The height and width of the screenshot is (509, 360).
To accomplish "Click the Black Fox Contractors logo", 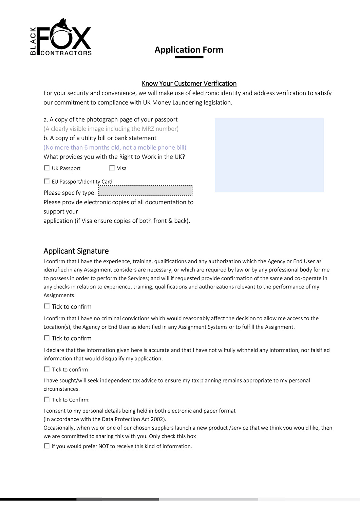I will [x=61, y=37].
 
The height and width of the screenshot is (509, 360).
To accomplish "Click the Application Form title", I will [x=189, y=50].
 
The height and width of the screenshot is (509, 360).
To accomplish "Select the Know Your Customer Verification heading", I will [x=189, y=83].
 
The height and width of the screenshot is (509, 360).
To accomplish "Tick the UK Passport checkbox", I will [x=47, y=168].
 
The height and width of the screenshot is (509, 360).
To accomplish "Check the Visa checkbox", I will [x=112, y=168].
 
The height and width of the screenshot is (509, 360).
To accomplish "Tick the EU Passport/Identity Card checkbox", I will [x=47, y=181].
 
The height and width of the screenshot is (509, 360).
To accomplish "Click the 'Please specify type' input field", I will [x=145, y=191].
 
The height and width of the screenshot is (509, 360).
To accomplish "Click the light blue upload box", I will [x=269, y=155].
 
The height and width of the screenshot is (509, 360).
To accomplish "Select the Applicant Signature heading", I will [x=76, y=251].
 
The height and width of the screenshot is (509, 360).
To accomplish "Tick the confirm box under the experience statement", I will [x=47, y=306].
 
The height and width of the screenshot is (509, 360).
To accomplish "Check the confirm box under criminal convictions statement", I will [x=47, y=338].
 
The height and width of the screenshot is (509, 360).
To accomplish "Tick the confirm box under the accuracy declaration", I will [x=47, y=369].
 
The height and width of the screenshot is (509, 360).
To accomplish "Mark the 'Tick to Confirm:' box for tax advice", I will [x=47, y=399].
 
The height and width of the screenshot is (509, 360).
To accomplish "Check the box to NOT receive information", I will [x=47, y=446].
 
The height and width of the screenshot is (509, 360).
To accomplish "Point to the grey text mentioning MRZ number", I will [x=111, y=129].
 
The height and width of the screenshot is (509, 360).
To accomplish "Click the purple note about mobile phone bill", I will [x=115, y=148].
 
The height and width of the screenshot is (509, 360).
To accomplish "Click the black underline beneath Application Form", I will [x=189, y=57].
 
